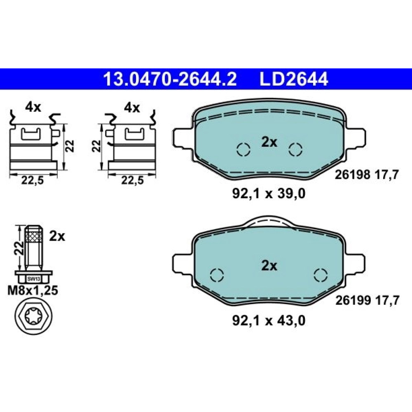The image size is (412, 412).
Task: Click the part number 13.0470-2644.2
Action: point(170,79)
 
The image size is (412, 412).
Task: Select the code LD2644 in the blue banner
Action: point(294,79)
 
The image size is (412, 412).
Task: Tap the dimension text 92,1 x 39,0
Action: point(269,194)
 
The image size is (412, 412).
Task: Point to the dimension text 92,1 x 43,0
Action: point(269,321)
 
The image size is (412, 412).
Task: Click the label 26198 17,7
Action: point(367,174)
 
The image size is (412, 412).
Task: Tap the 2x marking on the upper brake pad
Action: point(269,142)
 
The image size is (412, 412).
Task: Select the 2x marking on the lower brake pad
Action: point(269,266)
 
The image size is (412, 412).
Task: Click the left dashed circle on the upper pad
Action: point(243,150)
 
